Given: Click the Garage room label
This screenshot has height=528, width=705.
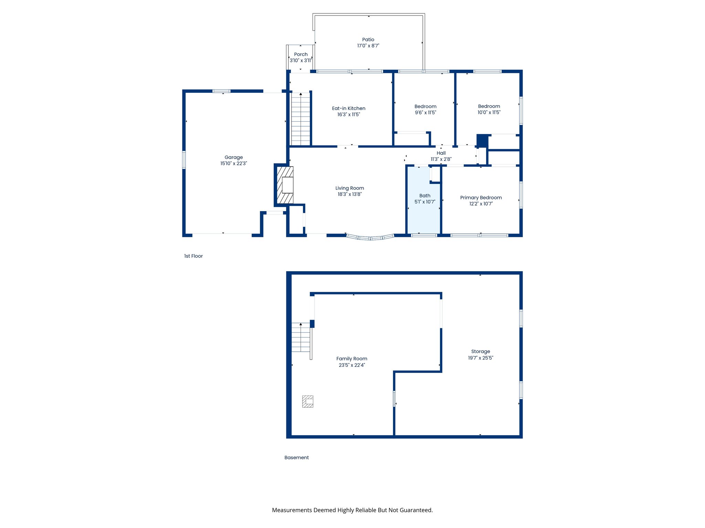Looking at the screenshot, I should (233, 157).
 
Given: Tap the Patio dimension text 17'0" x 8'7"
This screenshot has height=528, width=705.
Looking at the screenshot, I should (368, 46).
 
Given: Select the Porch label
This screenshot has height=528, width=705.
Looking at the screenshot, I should (301, 54).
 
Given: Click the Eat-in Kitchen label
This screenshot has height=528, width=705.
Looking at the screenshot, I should (348, 108).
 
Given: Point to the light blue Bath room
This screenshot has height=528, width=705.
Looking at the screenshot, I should (424, 213).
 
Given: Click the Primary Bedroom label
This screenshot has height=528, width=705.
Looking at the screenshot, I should (481, 198).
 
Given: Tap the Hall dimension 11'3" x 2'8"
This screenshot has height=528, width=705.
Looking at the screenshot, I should (441, 159).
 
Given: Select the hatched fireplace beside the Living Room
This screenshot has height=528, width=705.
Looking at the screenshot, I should (285, 185).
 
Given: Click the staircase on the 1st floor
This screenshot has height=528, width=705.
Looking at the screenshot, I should (301, 119).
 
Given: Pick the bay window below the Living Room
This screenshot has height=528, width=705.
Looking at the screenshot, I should (370, 237).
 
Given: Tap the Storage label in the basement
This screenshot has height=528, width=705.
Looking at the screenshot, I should (481, 351).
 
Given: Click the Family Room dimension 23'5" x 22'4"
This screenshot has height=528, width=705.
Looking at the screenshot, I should (351, 365).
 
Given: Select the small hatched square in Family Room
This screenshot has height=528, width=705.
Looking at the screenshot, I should (307, 401).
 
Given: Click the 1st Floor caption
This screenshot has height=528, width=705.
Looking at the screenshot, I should (193, 256).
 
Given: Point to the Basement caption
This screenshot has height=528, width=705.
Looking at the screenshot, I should (296, 458).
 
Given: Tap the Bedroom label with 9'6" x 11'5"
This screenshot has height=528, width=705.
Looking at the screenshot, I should (425, 107).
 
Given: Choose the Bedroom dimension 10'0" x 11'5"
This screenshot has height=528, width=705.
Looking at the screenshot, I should (489, 112).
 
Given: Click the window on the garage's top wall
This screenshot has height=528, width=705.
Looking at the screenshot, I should (221, 91).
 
